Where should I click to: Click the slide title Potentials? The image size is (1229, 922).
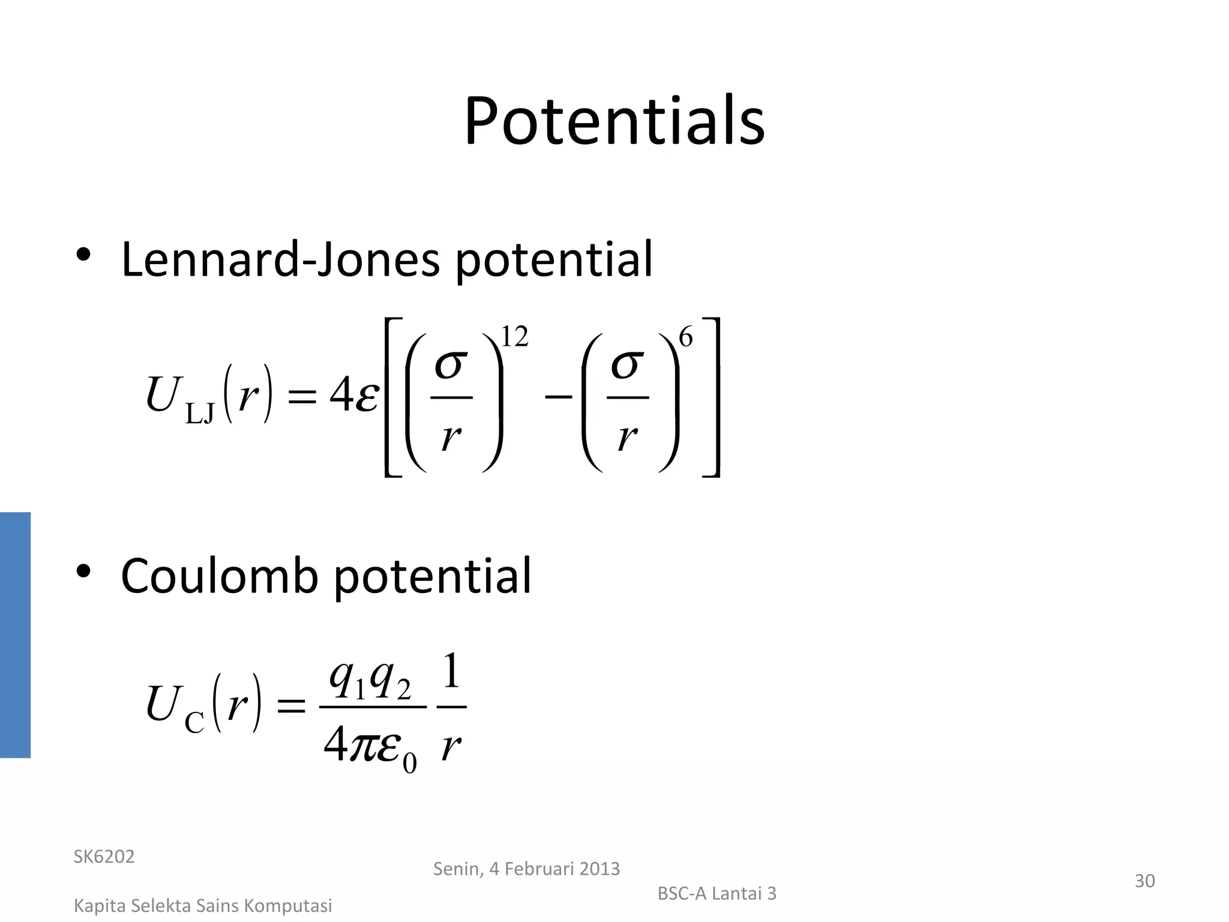(614, 122)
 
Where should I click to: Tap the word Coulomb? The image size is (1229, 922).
(219, 576)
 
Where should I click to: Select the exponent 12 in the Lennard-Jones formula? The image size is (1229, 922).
(514, 337)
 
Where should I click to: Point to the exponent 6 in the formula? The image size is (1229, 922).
(685, 337)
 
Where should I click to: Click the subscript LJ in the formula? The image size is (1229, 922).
(200, 414)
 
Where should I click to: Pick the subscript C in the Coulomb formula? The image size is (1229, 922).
(194, 722)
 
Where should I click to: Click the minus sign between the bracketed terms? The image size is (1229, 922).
(557, 396)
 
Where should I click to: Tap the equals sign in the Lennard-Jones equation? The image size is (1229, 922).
(302, 396)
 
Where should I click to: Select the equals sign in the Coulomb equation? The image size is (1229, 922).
(291, 706)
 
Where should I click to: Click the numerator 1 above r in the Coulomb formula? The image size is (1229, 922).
(451, 671)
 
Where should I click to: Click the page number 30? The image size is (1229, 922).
(1144, 881)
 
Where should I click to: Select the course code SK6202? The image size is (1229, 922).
(104, 857)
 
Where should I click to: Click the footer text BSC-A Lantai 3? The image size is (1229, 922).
(717, 894)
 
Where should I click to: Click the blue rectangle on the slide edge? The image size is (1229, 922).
(15, 634)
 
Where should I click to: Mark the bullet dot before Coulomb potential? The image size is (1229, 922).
(83, 571)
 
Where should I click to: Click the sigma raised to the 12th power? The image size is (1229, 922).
(451, 364)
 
